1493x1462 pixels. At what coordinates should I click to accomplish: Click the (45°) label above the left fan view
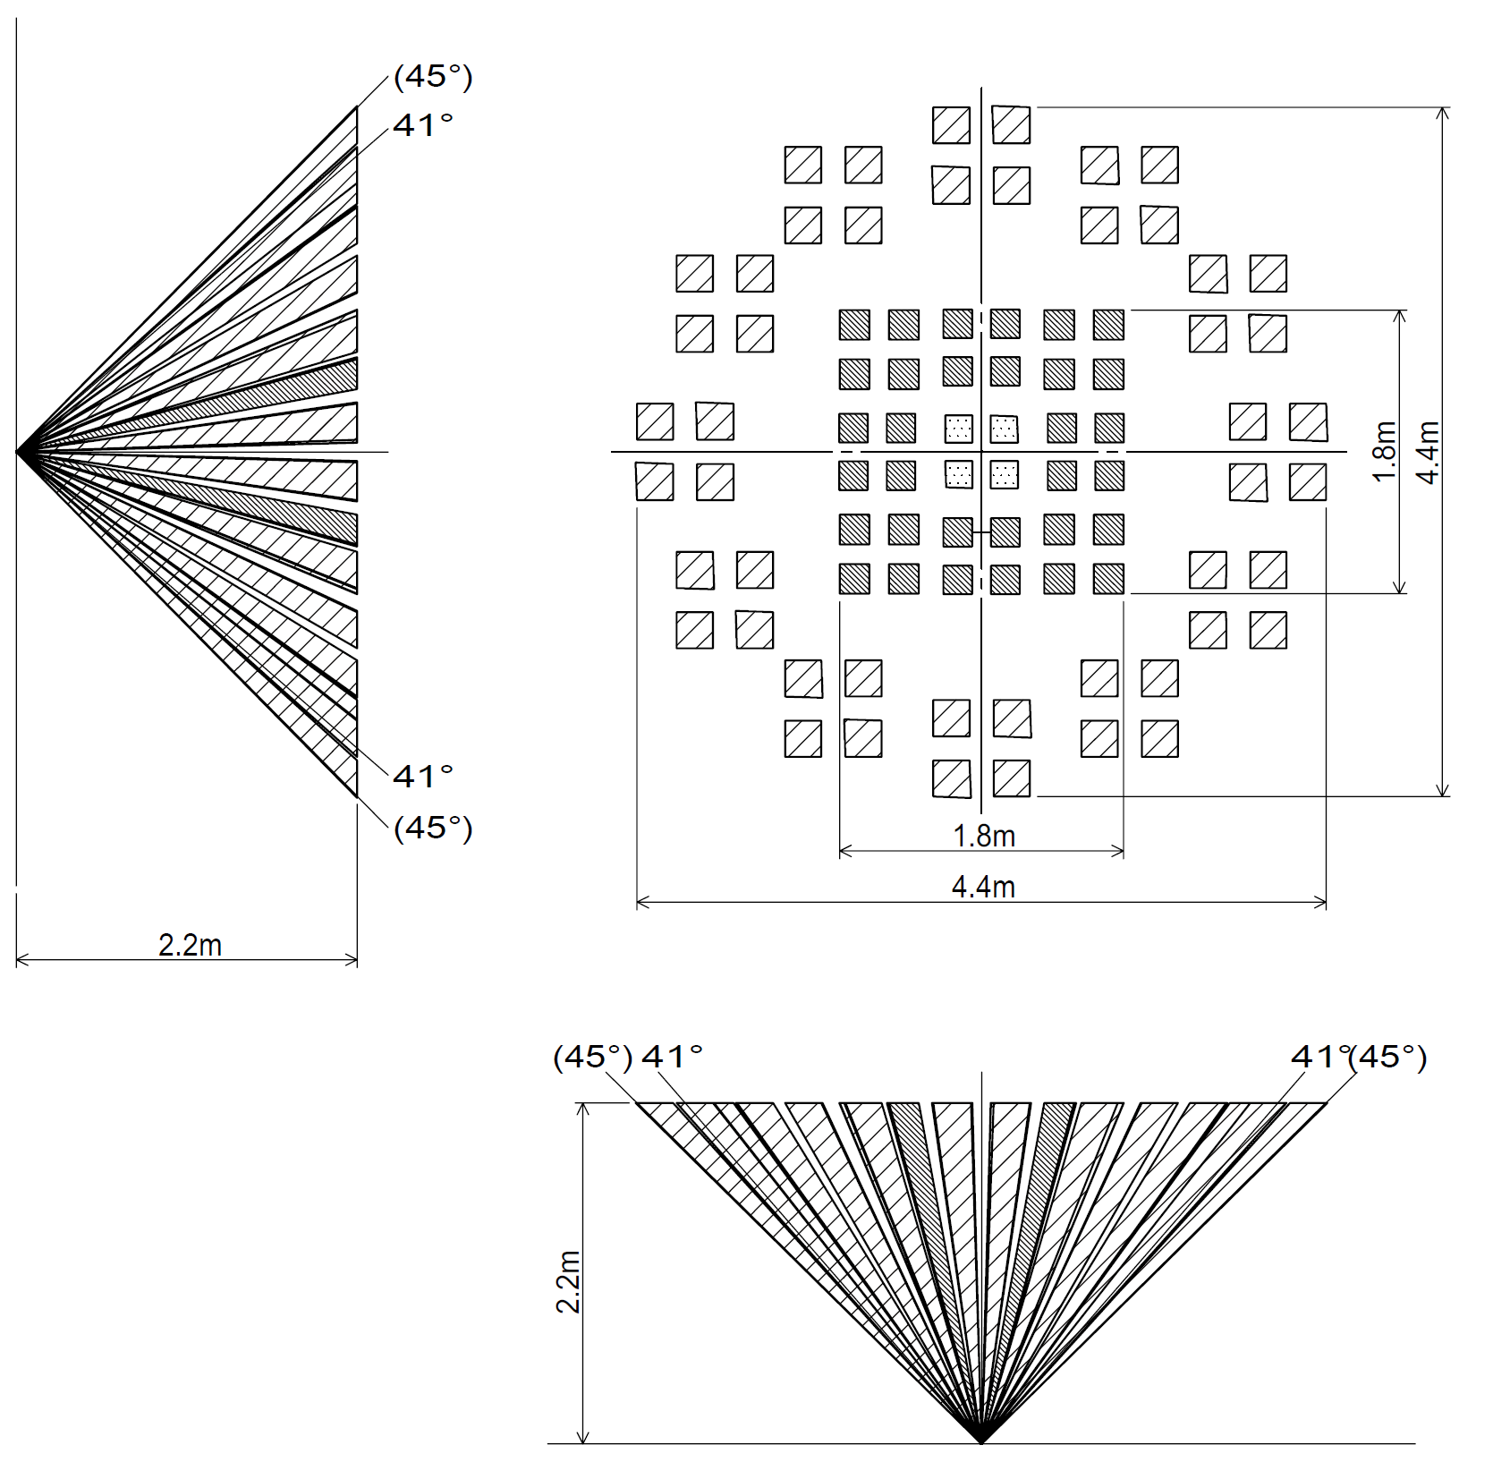(x=433, y=77)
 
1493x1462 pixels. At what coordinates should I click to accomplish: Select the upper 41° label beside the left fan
(x=423, y=125)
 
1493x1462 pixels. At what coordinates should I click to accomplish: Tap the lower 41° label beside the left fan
(x=423, y=776)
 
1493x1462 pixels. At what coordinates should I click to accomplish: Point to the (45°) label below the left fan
(x=433, y=828)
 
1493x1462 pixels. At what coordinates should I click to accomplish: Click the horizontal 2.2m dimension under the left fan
(x=190, y=945)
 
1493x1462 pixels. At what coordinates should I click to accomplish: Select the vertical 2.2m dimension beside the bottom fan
(x=568, y=1281)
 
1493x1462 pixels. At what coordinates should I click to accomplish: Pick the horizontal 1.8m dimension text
(x=984, y=836)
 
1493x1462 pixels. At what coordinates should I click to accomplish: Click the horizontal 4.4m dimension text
(x=983, y=887)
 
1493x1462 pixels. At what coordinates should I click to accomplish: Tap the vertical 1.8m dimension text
(x=1384, y=452)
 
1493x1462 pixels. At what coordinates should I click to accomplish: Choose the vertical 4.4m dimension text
(x=1429, y=452)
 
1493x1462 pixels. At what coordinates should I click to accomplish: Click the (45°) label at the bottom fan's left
(x=593, y=1057)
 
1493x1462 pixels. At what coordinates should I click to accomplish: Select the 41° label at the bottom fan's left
(x=673, y=1057)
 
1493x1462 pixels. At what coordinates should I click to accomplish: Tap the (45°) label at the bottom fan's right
(x=1387, y=1057)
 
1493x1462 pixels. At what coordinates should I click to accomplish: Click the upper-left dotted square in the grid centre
(x=959, y=429)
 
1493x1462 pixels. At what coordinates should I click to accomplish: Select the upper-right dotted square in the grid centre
(x=1005, y=429)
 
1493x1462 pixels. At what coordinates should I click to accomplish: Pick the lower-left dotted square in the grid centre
(x=959, y=474)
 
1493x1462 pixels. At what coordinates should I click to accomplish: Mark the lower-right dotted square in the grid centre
(x=1005, y=474)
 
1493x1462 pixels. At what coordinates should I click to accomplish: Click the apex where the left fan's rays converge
(x=18, y=452)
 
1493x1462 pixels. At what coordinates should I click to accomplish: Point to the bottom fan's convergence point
(x=981, y=1441)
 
